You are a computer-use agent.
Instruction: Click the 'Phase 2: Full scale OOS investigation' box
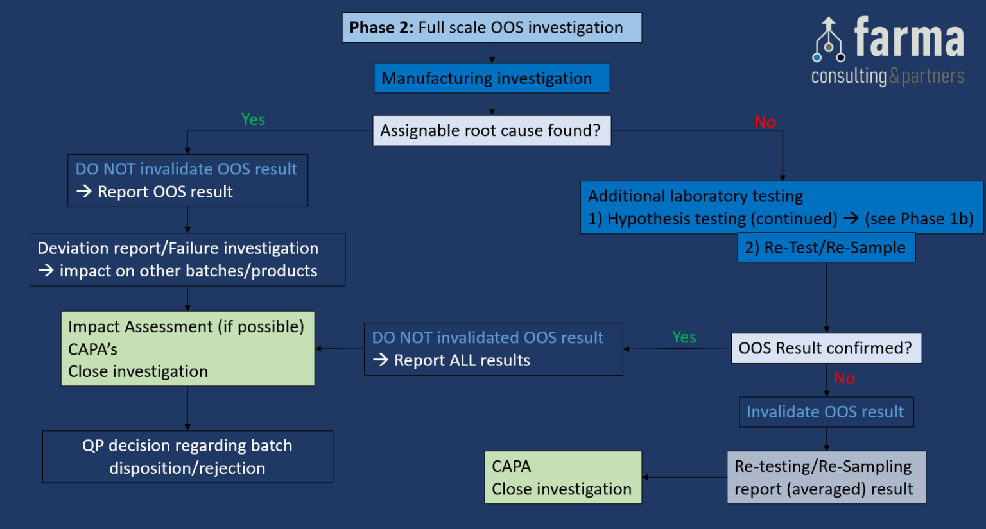point(492,28)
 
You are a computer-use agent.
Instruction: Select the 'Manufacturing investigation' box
point(492,78)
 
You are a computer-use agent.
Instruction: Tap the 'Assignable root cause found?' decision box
point(492,131)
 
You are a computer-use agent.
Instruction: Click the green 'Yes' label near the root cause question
point(253,120)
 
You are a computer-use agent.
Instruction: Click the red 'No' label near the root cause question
point(765,122)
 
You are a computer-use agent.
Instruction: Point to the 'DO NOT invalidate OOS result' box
point(187,180)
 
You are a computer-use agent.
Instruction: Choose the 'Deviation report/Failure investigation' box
point(187,260)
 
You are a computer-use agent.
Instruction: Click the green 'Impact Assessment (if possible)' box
point(187,349)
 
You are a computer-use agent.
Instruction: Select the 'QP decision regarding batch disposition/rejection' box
point(187,457)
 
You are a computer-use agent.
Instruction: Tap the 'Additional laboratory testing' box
point(781,208)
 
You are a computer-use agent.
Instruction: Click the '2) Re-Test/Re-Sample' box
point(826,248)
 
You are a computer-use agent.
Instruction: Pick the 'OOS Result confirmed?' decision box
point(826,348)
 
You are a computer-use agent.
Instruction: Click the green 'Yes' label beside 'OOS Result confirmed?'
point(684,337)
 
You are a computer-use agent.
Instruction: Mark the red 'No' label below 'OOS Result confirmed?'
point(845,378)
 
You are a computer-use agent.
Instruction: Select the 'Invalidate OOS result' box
point(826,412)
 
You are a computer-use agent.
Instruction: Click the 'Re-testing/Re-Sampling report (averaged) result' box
point(826,478)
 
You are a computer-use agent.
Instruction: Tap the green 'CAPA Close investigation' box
point(563,478)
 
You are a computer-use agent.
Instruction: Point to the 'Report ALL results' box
point(493,349)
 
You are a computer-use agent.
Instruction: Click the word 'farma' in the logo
point(909,38)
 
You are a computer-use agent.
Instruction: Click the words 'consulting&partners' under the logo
point(888,77)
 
